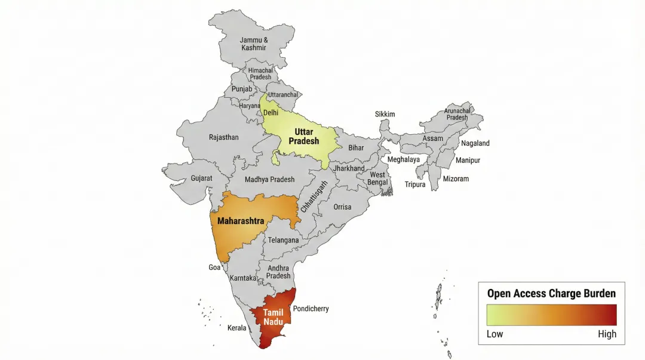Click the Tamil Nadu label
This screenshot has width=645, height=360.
(273, 317)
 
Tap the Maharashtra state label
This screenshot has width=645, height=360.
(241, 221)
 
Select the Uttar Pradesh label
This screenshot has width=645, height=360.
(303, 137)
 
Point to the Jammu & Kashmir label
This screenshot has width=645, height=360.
(254, 44)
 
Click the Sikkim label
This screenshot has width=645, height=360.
(385, 114)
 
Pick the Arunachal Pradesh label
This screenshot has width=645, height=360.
(457, 114)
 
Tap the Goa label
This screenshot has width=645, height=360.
(214, 267)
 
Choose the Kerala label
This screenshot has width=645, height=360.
(236, 328)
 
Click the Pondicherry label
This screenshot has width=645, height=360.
(311, 309)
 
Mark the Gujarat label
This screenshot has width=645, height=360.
(201, 179)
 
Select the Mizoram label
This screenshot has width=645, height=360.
(456, 179)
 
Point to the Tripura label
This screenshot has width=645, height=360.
(415, 184)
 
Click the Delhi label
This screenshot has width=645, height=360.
(271, 113)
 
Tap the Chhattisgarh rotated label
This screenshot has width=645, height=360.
(314, 196)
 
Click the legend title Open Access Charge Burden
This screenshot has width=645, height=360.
(551, 293)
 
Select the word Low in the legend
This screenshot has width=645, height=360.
(494, 334)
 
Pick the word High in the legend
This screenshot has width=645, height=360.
(607, 334)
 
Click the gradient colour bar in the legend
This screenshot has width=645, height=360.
(551, 315)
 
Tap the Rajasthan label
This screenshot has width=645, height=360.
(223, 137)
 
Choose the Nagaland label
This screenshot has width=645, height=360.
(475, 143)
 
